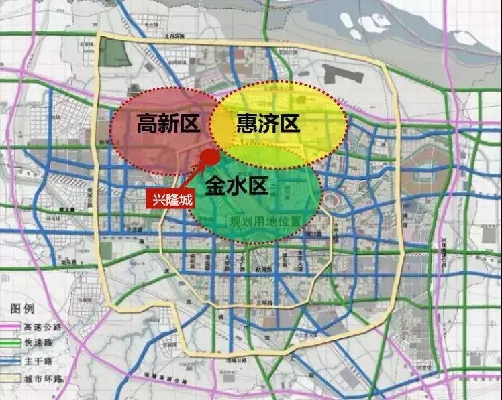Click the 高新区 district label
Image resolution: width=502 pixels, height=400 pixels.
coord(164,123)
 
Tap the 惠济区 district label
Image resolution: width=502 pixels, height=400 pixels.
coord(267,123)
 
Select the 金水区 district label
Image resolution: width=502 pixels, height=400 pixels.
coord(237,185)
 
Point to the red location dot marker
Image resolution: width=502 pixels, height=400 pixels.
coord(209,158)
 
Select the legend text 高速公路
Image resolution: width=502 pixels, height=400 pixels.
coord(42,326)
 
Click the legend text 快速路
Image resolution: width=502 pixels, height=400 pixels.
coord(38,344)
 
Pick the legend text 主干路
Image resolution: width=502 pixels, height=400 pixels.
coord(38,361)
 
